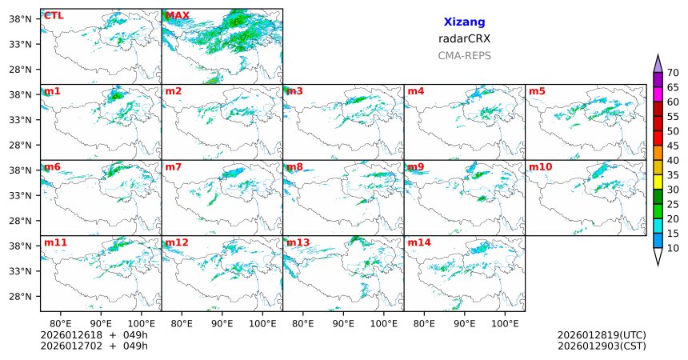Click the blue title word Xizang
[x=464, y=22]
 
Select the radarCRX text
[x=464, y=38]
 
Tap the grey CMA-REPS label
[x=464, y=56]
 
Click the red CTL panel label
[x=54, y=15]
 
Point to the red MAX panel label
[x=178, y=15]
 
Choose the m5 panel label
[x=536, y=91]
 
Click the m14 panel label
[x=418, y=242]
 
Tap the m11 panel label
[x=55, y=242]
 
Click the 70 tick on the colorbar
[x=673, y=73]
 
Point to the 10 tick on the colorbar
[x=673, y=249]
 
